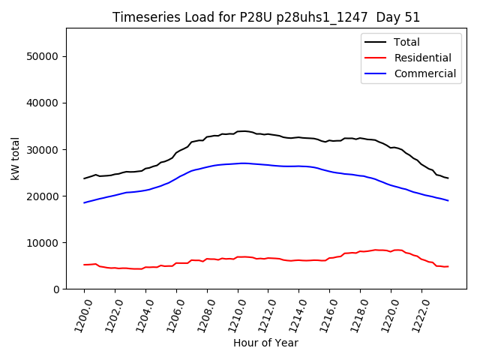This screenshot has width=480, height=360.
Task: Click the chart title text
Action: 266,17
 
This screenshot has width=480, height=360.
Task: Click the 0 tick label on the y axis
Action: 56,289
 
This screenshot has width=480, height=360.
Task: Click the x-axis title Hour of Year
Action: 265,343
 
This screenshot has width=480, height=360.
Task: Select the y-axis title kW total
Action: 15,158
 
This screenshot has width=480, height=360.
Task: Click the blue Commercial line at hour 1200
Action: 84,202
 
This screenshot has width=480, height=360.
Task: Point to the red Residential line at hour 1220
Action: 391,251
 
